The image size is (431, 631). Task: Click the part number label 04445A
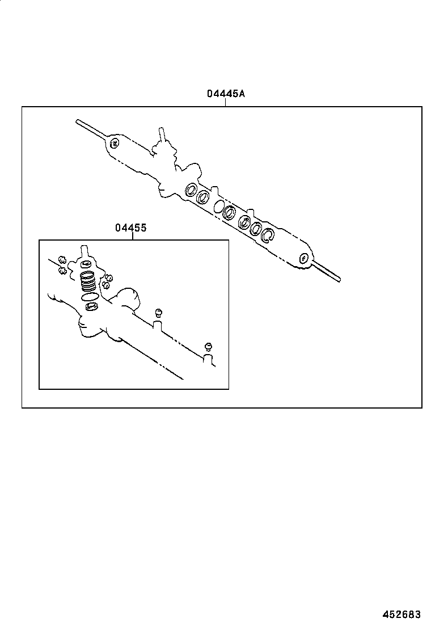click(225, 94)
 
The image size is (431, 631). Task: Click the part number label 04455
click(131, 228)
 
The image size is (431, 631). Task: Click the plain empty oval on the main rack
click(218, 206)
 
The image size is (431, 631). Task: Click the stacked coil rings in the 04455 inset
click(88, 281)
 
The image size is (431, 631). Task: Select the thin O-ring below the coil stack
click(88, 297)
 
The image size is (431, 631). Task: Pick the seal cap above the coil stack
click(86, 264)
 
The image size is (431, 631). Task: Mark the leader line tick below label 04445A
click(225, 103)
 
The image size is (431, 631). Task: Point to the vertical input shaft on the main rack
click(162, 136)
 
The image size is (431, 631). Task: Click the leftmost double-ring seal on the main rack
click(191, 189)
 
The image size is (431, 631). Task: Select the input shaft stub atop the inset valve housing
click(84, 250)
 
